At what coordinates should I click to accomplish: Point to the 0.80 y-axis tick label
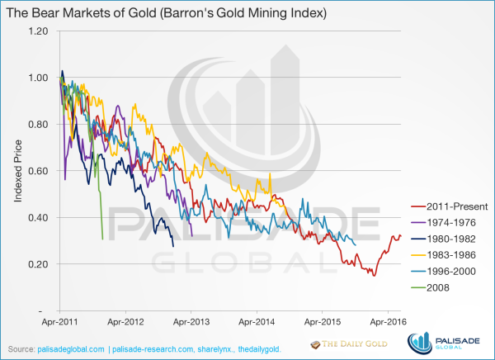tap(38, 125)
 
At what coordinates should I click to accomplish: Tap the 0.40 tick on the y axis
tap(38, 218)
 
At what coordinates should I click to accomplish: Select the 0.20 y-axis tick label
tap(38, 264)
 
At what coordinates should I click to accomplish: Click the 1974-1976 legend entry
tap(452, 222)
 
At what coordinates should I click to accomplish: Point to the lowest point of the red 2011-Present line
tap(374, 275)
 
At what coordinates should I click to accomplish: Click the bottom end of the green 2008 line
tap(102, 239)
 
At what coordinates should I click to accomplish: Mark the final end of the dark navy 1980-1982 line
tap(173, 246)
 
